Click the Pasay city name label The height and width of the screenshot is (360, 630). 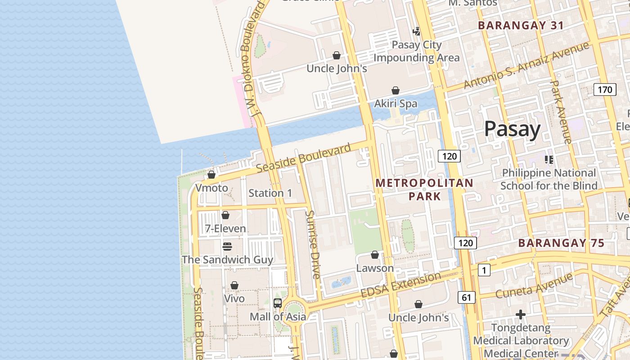[x=512, y=129]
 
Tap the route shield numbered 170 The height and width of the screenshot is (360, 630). [x=604, y=90]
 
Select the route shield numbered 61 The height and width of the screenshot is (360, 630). [x=466, y=297]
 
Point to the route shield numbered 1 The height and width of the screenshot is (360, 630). [x=484, y=270]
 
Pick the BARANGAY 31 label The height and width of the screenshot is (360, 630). [x=521, y=26]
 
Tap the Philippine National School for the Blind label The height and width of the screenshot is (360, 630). [x=549, y=179]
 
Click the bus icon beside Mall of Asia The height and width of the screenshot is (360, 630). [x=278, y=303]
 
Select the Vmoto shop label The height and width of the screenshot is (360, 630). [x=211, y=188]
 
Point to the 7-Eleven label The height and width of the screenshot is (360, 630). [x=225, y=229]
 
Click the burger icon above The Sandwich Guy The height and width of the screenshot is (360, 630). [x=227, y=247]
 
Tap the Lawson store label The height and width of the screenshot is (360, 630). [x=375, y=268]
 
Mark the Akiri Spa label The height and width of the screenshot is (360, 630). [x=396, y=103]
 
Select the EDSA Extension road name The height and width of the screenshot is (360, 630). [x=400, y=284]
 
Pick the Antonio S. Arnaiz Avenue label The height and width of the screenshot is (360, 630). [x=526, y=66]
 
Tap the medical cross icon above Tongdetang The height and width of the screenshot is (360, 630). [x=521, y=314]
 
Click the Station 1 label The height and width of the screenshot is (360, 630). [x=270, y=193]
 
